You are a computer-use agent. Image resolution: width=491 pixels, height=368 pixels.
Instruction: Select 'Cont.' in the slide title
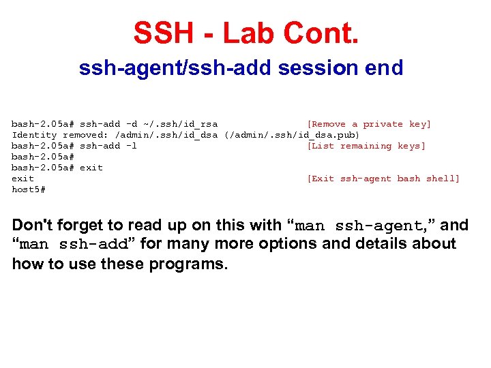323,33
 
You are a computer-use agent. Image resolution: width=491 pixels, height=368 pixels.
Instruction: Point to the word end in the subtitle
384,68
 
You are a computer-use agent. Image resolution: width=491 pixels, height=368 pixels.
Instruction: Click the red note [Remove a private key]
369,124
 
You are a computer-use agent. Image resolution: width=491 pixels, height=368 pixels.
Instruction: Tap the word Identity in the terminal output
34,135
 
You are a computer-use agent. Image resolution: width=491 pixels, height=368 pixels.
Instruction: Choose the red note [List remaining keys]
366,146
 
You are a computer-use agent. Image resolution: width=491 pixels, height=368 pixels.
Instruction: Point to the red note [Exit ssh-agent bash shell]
383,179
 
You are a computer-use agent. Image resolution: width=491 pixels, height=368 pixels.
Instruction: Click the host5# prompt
29,189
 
